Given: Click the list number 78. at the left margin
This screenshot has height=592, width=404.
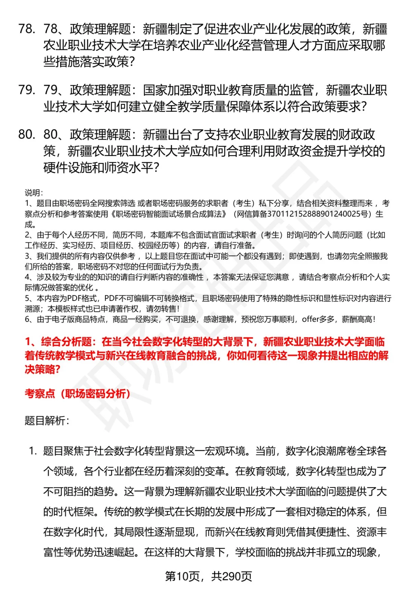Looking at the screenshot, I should click(27, 29).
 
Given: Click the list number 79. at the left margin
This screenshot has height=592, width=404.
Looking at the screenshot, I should click(27, 90).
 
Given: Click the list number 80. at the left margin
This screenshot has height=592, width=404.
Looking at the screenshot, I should click(27, 135).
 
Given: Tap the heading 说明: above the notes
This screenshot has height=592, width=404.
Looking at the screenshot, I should click(34, 193).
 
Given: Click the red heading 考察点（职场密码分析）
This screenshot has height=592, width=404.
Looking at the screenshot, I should click(78, 393).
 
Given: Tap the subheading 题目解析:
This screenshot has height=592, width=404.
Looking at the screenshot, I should click(47, 420).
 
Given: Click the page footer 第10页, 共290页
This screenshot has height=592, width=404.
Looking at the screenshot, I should click(208, 576).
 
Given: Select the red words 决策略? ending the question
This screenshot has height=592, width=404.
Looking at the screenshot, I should click(42, 369).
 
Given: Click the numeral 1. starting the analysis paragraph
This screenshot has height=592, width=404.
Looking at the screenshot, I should click(33, 451).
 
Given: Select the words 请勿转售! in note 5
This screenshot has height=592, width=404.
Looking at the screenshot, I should click(163, 309).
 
